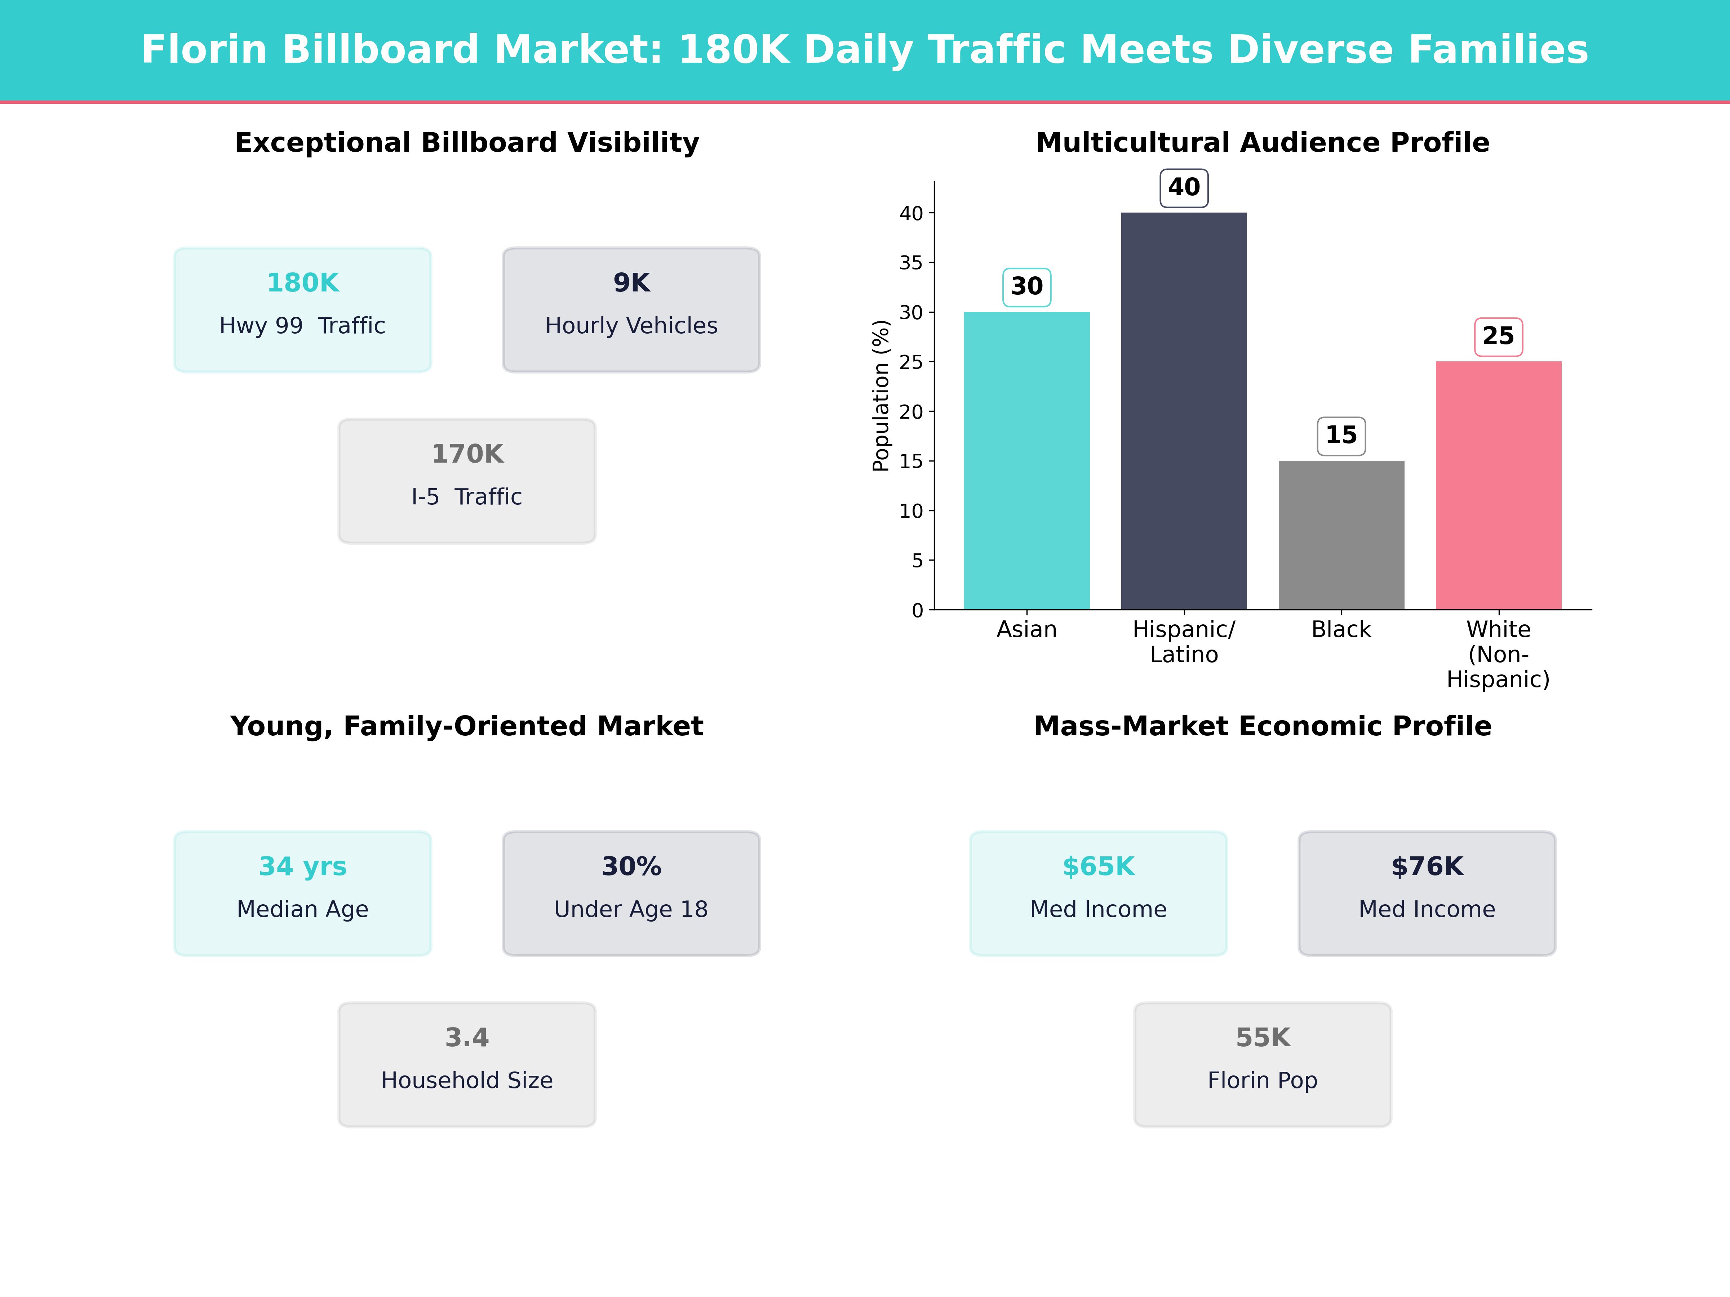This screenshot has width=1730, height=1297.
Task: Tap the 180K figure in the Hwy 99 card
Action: (x=303, y=283)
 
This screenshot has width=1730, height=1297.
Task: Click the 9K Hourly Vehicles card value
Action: (x=631, y=283)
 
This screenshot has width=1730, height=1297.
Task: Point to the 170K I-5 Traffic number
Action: (x=467, y=454)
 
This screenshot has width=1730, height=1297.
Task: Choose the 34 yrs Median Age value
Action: (x=303, y=866)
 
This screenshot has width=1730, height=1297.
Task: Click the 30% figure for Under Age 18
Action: (x=631, y=866)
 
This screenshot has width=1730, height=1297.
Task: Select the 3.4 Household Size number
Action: (x=467, y=1038)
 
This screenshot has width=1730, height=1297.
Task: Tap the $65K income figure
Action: (x=1098, y=866)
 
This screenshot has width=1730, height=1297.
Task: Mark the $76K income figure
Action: (x=1427, y=866)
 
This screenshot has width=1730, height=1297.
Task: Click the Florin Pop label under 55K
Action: (x=1262, y=1080)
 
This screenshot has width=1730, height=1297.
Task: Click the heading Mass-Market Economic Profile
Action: (x=1262, y=726)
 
